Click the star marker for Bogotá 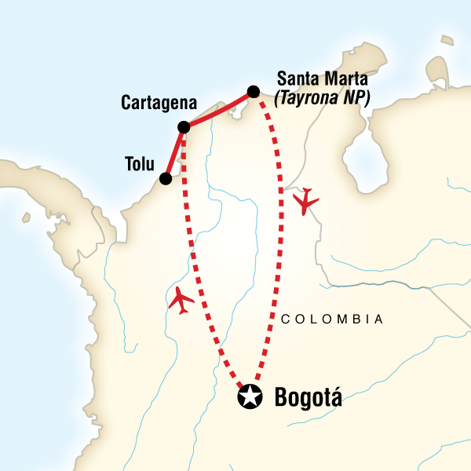click(250, 397)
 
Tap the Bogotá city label click(309, 398)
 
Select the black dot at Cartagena click(183, 126)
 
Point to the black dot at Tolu click(166, 178)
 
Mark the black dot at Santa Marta click(254, 92)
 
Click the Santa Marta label click(323, 78)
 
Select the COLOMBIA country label click(331, 319)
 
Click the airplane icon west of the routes click(181, 300)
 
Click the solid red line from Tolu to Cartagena click(175, 152)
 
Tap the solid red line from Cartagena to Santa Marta click(218, 109)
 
